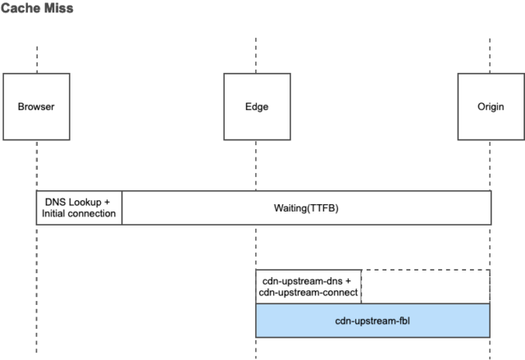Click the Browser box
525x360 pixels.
click(x=36, y=107)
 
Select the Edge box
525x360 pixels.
click(x=256, y=107)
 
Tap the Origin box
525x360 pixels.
click(x=490, y=107)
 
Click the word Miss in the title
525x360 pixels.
click(x=58, y=9)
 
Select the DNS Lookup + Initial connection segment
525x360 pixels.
click(x=80, y=208)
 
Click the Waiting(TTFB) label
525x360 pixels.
click(x=305, y=208)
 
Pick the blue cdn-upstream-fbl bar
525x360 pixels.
click(x=372, y=320)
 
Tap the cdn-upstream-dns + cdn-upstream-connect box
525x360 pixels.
click(x=308, y=286)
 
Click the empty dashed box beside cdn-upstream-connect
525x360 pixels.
click(x=425, y=286)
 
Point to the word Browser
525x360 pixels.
click(x=36, y=107)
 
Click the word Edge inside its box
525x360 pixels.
click(x=256, y=107)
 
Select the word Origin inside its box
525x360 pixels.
click(x=490, y=107)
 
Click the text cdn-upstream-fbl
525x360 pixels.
click(x=372, y=320)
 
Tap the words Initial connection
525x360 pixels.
click(x=80, y=215)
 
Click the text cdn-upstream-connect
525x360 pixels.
click(x=308, y=293)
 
